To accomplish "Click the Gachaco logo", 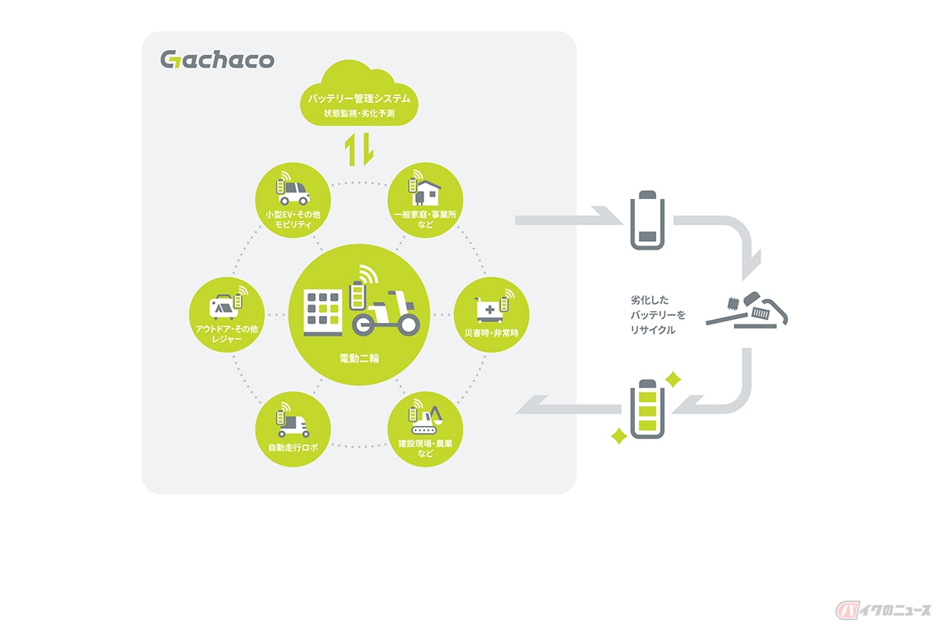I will (x=217, y=59).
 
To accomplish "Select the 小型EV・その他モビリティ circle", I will (x=293, y=199).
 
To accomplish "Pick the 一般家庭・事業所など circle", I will (x=425, y=199).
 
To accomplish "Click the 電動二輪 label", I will (x=360, y=360).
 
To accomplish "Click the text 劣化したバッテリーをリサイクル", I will (x=654, y=314).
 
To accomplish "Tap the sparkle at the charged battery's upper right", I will (x=673, y=380).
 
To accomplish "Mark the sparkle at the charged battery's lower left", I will (x=619, y=436).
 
